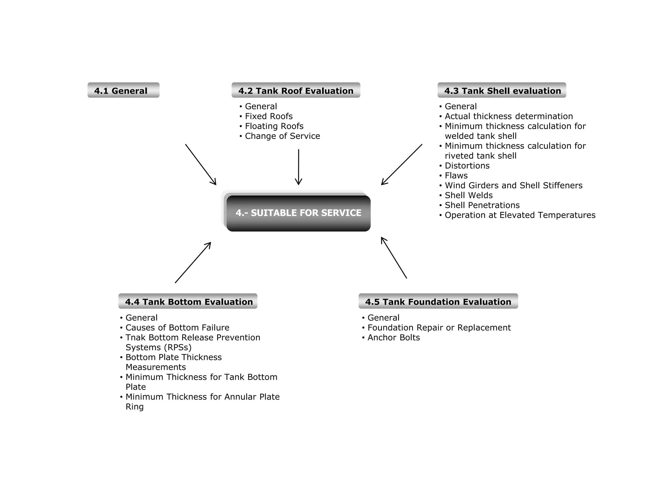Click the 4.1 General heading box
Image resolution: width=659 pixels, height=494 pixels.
123,90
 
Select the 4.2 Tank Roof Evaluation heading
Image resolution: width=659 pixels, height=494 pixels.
296,90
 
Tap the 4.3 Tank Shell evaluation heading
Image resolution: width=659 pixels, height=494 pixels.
502,90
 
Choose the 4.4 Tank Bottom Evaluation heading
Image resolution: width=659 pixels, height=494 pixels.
188,301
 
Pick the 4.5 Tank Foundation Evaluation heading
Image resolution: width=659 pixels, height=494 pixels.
438,301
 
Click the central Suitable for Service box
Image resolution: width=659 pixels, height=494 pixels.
298,213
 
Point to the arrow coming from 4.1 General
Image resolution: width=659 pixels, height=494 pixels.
200,164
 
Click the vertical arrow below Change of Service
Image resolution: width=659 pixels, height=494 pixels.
299,167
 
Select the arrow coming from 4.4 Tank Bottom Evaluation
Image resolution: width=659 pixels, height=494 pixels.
193,262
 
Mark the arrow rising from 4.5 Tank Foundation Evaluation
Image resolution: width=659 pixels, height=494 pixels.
394,258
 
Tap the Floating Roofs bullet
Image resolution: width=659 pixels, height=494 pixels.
274,126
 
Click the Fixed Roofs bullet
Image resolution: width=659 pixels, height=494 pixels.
269,116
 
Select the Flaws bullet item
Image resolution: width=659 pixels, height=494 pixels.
456,176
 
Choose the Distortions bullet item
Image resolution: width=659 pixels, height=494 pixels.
467,166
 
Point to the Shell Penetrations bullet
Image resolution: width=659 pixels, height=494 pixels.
482,205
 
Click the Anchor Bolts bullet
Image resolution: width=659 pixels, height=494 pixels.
394,337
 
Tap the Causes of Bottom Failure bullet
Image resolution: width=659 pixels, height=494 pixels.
177,327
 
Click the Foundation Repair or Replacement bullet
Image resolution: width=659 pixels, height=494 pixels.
439,327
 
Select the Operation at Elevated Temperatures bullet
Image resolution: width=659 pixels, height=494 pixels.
520,215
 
